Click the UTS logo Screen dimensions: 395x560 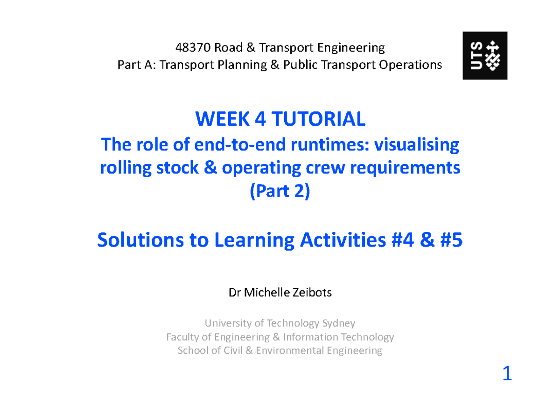(x=485, y=55)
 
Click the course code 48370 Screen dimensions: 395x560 (x=193, y=48)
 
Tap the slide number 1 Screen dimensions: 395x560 (x=507, y=374)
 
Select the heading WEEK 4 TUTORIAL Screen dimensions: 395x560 (x=280, y=120)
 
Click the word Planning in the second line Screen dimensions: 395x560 (x=240, y=65)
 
